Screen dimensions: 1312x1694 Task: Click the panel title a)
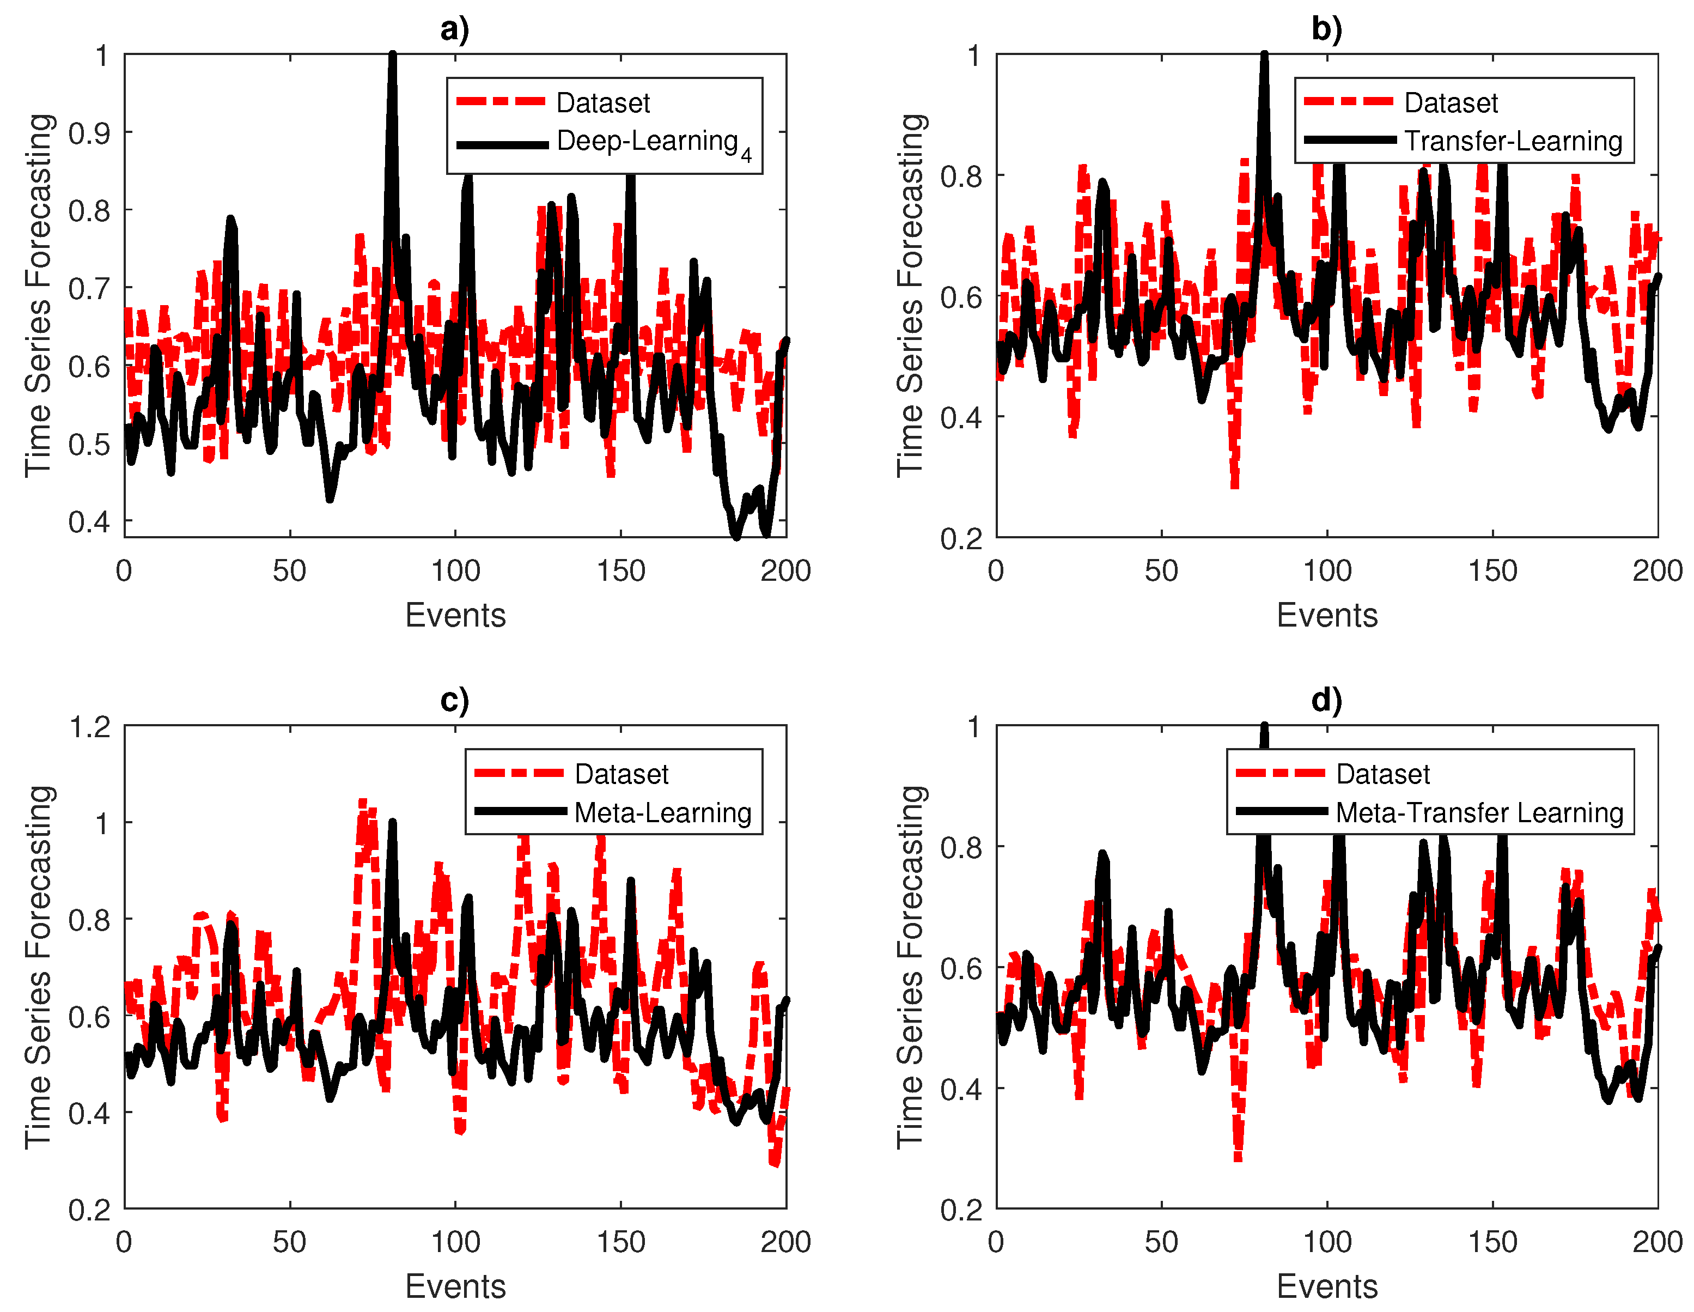[454, 29]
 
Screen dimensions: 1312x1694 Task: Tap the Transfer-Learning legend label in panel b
[1513, 141]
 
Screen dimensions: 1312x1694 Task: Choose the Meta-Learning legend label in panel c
[662, 812]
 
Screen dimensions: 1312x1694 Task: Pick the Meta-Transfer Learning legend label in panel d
[1479, 812]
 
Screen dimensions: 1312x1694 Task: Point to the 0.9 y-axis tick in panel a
[89, 133]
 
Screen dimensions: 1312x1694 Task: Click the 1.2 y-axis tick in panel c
[89, 727]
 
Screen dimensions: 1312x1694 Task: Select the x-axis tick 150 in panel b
[1492, 571]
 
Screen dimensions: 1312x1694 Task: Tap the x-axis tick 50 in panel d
[1161, 1242]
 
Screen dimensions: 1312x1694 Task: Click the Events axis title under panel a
[455, 615]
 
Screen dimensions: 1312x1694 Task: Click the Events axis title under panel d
[1327, 1286]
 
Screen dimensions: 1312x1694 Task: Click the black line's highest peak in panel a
[393, 56]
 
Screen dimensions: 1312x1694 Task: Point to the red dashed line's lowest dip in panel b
[1235, 485]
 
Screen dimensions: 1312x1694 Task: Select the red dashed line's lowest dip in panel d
[1238, 1158]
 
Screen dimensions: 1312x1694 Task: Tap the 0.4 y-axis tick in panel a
[89, 522]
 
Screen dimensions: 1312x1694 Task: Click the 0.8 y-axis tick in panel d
[961, 847]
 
